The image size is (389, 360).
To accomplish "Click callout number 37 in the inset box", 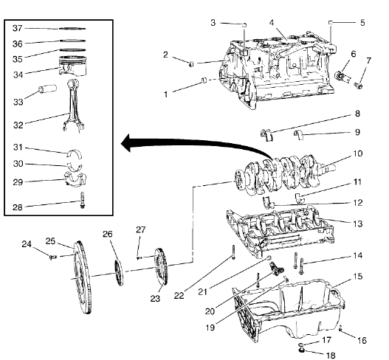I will click(x=18, y=28).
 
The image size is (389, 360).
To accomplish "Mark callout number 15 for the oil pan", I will click(x=357, y=278).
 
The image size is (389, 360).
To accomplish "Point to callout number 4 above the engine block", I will click(x=273, y=23).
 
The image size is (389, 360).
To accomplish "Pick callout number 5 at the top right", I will click(x=362, y=23).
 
